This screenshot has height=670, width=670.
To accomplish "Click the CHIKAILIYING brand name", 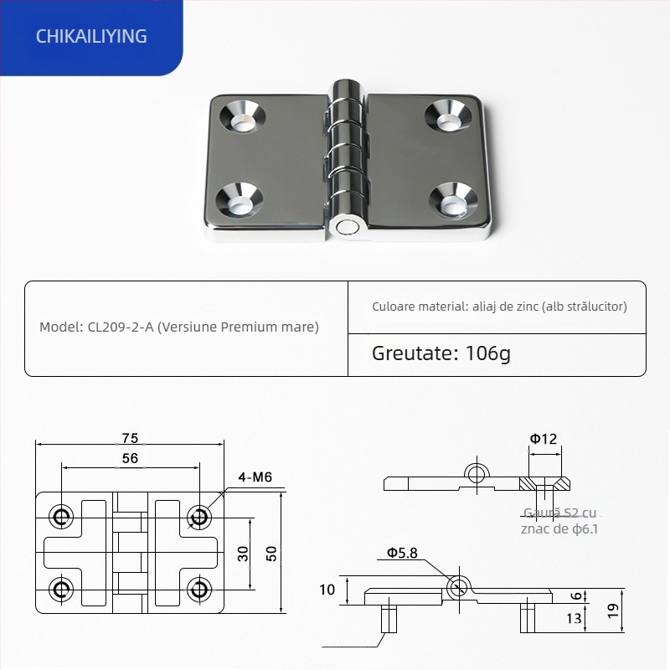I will coord(92,36).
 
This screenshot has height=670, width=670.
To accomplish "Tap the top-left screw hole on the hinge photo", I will coord(242,117).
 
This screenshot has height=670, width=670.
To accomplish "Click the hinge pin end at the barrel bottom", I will coord(345,226).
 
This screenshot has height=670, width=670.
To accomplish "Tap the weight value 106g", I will coord(487,353).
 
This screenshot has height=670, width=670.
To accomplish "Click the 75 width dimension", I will coord(130,438).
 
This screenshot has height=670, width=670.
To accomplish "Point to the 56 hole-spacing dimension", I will coord(130,458).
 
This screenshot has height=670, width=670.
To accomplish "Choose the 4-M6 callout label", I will coord(255,477).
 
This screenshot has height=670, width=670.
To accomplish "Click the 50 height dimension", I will coord(271,554).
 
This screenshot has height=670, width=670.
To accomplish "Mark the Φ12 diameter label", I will coord(543,438).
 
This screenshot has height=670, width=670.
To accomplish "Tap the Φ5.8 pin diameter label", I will coord(403,554).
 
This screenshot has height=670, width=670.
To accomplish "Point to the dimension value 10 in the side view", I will coord(327,590).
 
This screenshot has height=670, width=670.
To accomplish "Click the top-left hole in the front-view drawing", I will coord(61,517).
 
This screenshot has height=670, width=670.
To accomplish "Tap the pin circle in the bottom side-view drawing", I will coord(456,587).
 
